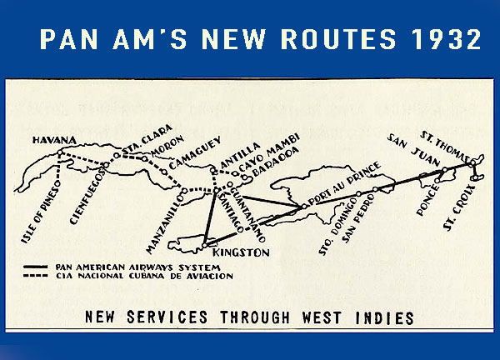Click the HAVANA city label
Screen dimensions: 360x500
point(54,140)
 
